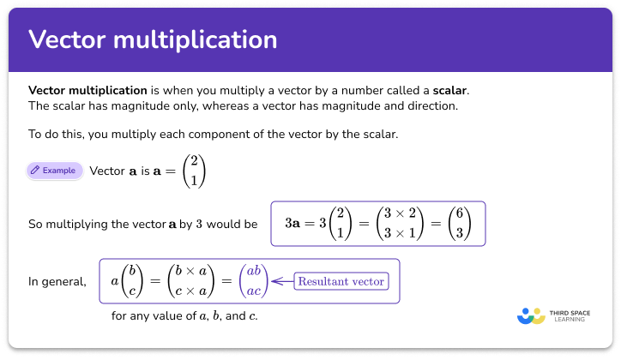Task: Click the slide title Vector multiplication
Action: [x=153, y=39]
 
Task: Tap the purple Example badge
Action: [x=55, y=170]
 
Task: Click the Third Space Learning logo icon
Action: [x=532, y=315]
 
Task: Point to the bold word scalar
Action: [x=450, y=90]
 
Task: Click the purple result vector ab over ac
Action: [x=253, y=280]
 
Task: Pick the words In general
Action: [x=57, y=280]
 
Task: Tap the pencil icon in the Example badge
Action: [x=35, y=170]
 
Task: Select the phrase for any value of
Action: [x=149, y=315]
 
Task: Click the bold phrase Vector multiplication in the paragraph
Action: [x=87, y=90]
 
